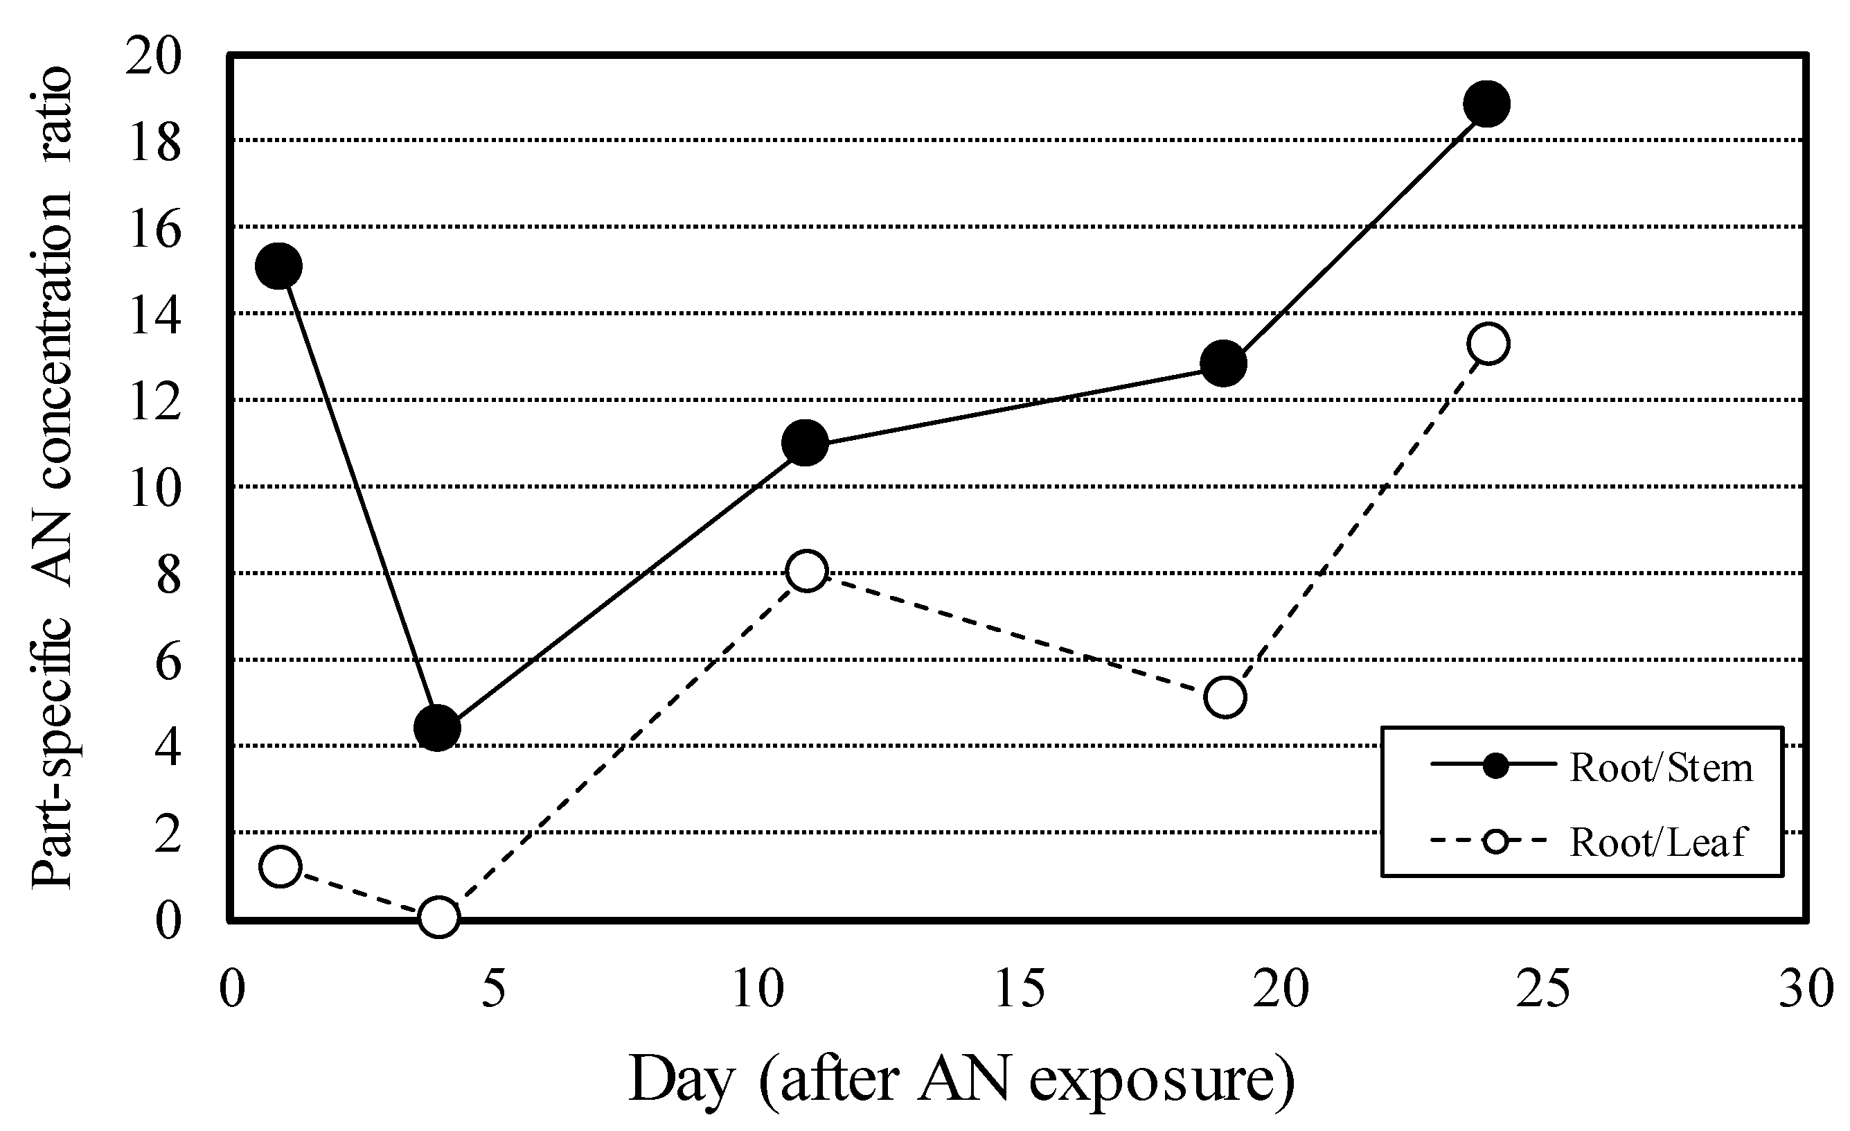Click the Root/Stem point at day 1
click(x=278, y=266)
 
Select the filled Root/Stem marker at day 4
click(x=437, y=727)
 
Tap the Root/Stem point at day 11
click(x=805, y=442)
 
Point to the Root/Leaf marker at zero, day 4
click(x=438, y=916)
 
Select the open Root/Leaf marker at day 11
click(x=806, y=571)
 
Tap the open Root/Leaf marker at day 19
click(x=1225, y=697)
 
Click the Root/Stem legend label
click(x=1662, y=769)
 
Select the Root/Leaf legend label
click(x=1657, y=842)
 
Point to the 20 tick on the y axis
click(x=154, y=55)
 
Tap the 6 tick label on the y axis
click(x=168, y=661)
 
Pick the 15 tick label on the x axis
click(x=1020, y=989)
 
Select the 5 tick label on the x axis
click(x=493, y=989)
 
